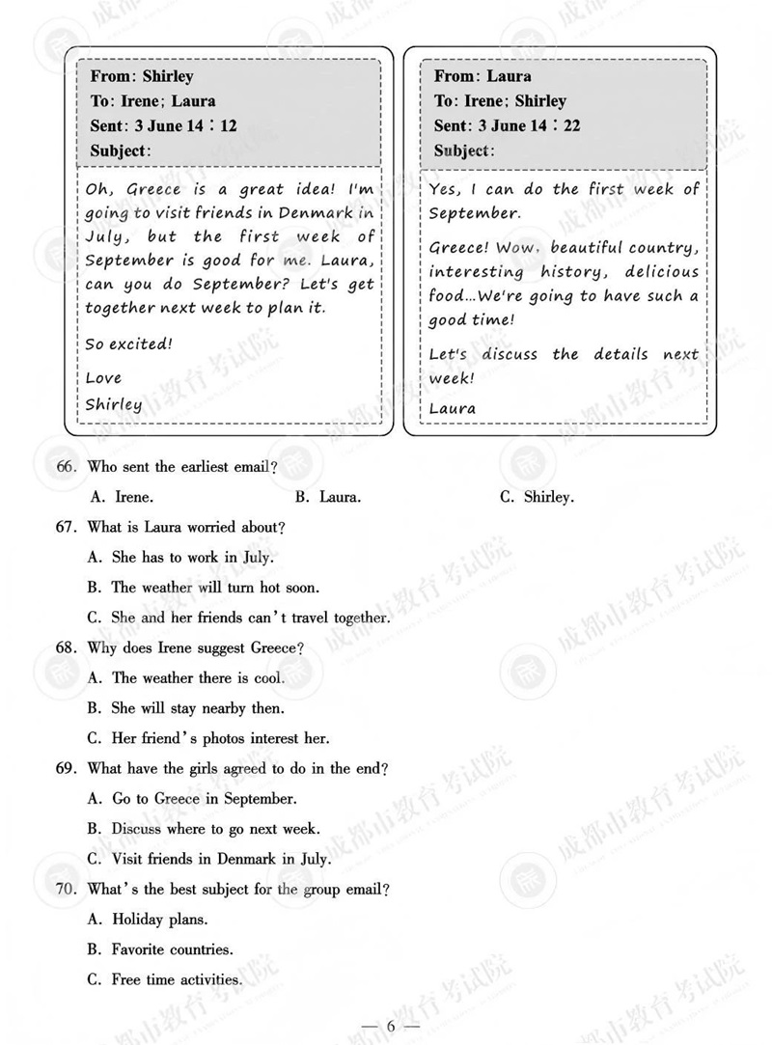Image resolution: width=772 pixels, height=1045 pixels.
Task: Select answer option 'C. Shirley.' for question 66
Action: (537, 498)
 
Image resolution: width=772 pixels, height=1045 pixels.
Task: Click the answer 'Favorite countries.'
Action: (160, 949)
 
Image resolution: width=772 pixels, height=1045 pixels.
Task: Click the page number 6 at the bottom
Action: (391, 1026)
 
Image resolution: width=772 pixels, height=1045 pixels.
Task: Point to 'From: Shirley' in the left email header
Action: (142, 76)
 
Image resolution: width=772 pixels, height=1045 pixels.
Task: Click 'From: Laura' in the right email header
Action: (482, 76)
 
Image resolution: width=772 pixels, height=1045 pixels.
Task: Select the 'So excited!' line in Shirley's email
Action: (128, 344)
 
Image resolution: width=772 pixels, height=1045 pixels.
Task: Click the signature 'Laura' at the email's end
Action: (452, 408)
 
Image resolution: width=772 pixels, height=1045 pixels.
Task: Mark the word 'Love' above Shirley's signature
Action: (103, 377)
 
